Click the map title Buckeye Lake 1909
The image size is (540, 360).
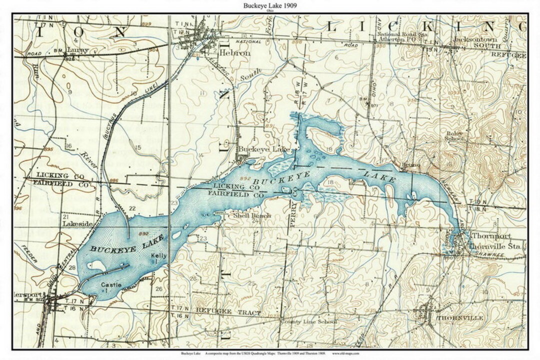269,5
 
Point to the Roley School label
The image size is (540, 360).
455,136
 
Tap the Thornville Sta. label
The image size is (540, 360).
497,246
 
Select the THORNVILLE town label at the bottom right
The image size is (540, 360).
459,318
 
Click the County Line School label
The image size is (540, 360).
308,322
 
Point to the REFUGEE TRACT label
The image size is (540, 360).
228,311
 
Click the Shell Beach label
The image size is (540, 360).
252,215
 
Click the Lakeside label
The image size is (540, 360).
77,224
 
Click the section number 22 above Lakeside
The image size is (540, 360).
132,208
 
